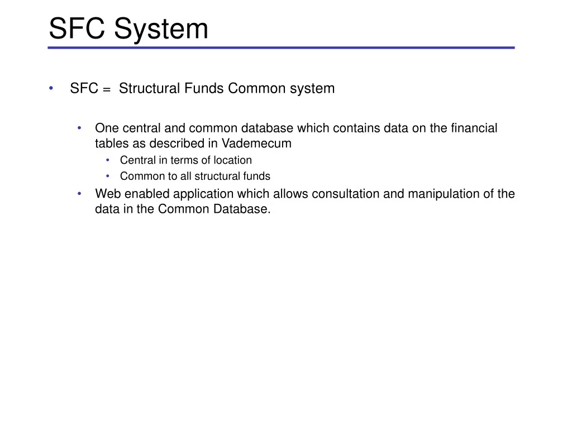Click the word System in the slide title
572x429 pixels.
pos(161,29)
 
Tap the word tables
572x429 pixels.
pos(112,144)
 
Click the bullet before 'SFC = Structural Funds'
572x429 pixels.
pos(51,88)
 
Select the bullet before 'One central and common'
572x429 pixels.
pos(80,128)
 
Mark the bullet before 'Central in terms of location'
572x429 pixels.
pos(107,160)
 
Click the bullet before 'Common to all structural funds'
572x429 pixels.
pos(107,177)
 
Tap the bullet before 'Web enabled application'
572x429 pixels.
pos(80,194)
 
